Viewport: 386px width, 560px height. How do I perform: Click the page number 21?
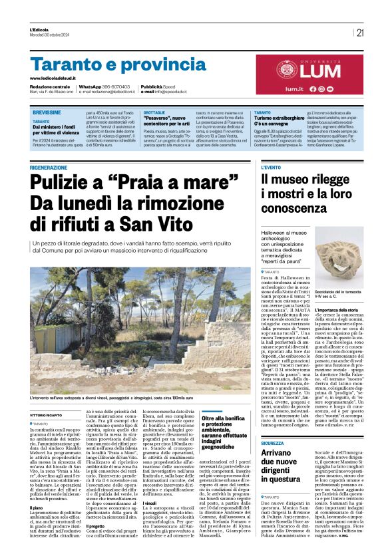click(x=360, y=33)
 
